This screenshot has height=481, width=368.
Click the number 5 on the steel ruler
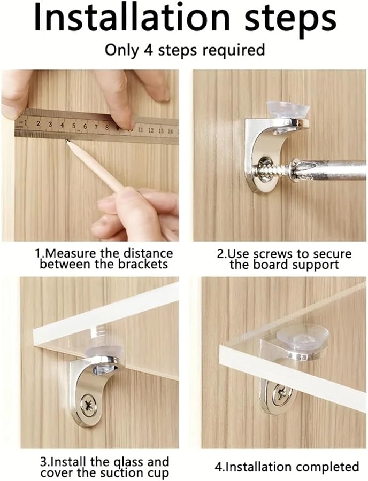(73, 126)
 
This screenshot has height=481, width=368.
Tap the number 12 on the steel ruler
(151, 130)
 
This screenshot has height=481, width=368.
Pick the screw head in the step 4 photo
(281, 395)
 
